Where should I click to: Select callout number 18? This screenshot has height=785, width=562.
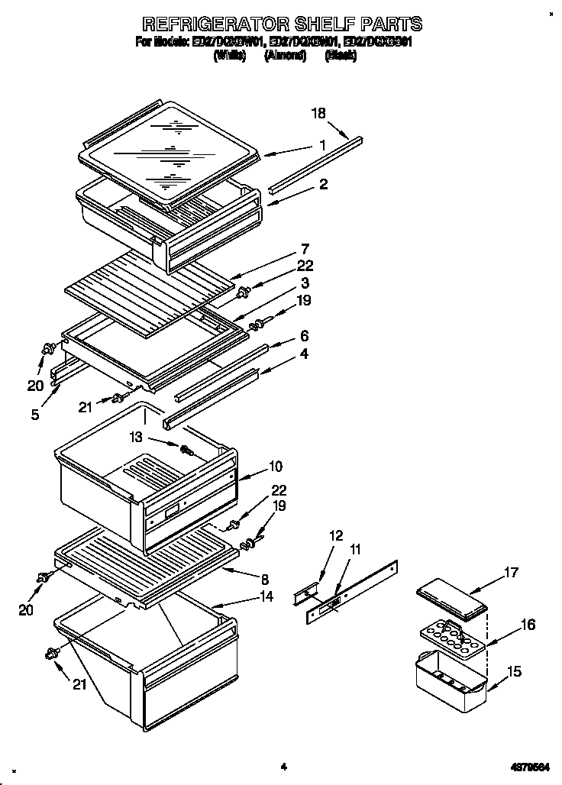pyautogui.click(x=318, y=113)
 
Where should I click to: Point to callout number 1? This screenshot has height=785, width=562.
pyautogui.click(x=322, y=145)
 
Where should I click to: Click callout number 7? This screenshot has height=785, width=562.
pyautogui.click(x=305, y=249)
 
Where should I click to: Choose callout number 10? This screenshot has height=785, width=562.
pyautogui.click(x=276, y=466)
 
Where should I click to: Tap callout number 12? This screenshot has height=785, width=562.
pyautogui.click(x=336, y=536)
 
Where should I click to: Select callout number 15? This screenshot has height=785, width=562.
pyautogui.click(x=515, y=672)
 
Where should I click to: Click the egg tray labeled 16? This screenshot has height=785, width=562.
pyautogui.click(x=452, y=638)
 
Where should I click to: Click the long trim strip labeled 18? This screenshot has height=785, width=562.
pyautogui.click(x=315, y=163)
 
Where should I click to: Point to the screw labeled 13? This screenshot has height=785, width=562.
pyautogui.click(x=185, y=450)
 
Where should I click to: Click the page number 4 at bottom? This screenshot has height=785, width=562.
pyautogui.click(x=283, y=766)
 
